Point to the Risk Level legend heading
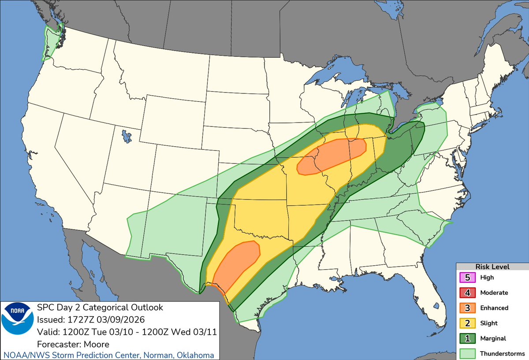(492, 267)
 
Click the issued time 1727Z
(78, 319)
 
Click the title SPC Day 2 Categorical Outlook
(100, 307)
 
